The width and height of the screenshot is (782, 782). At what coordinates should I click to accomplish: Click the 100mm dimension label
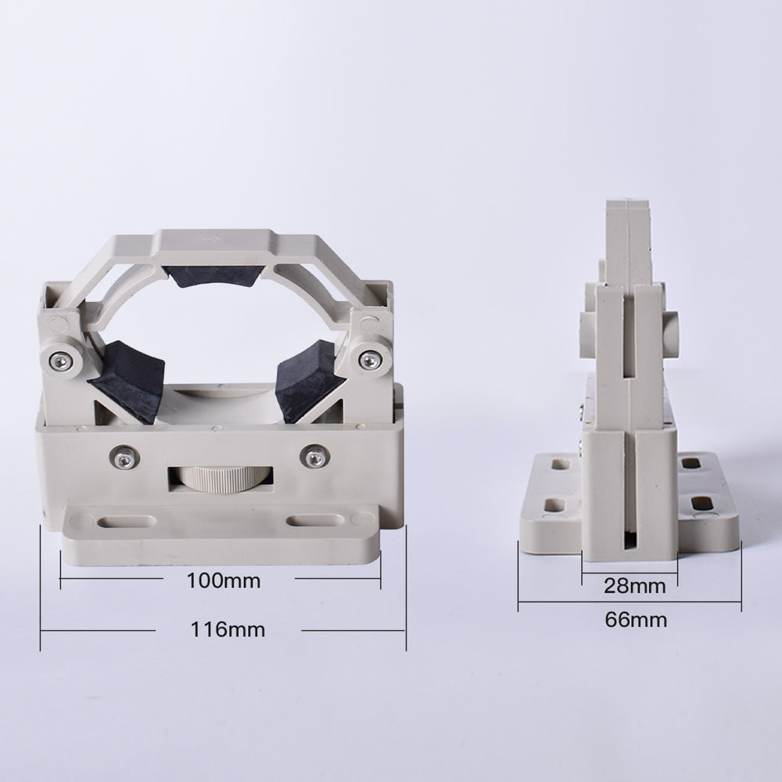(x=223, y=581)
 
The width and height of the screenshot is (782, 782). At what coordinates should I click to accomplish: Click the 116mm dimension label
(x=228, y=629)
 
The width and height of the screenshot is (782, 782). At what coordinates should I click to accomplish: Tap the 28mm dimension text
(x=636, y=586)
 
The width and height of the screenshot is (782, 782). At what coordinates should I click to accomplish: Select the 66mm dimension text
(x=636, y=620)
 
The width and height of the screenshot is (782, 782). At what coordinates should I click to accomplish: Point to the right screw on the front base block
(x=314, y=458)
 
